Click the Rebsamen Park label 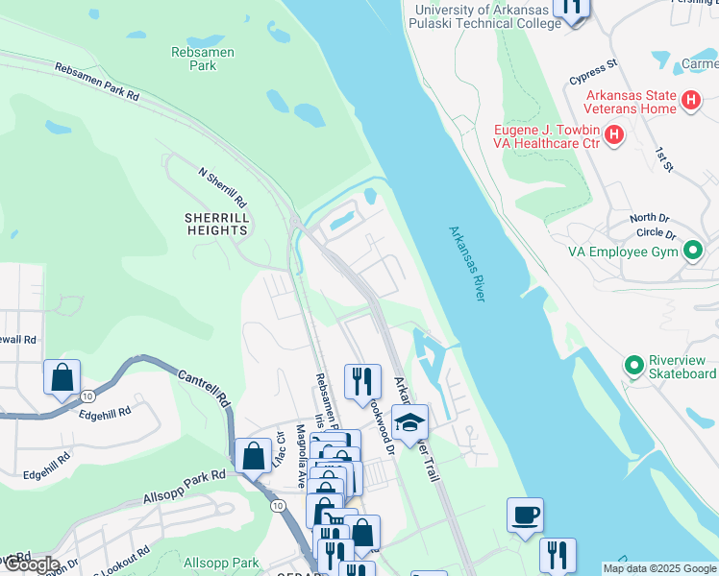(x=202, y=60)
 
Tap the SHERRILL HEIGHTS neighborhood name (x=216, y=224)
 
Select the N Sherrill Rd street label (x=223, y=190)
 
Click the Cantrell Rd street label (x=203, y=388)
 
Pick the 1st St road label (x=663, y=160)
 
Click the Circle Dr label (x=656, y=233)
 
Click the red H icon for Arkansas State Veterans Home (x=690, y=101)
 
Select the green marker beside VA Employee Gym (x=692, y=252)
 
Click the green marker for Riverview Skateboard (x=633, y=366)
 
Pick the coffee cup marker (x=525, y=515)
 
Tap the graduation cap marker (x=409, y=420)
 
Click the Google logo (x=31, y=564)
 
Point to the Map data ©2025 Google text (x=659, y=568)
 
